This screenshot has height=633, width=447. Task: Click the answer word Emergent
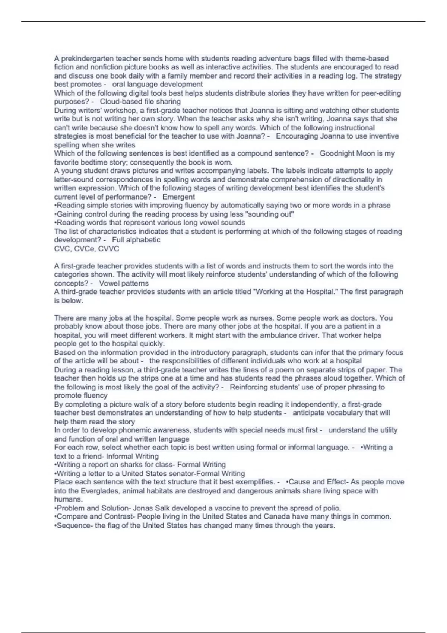178,197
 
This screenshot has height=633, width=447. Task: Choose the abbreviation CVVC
108,249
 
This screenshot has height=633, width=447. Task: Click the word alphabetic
143,240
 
